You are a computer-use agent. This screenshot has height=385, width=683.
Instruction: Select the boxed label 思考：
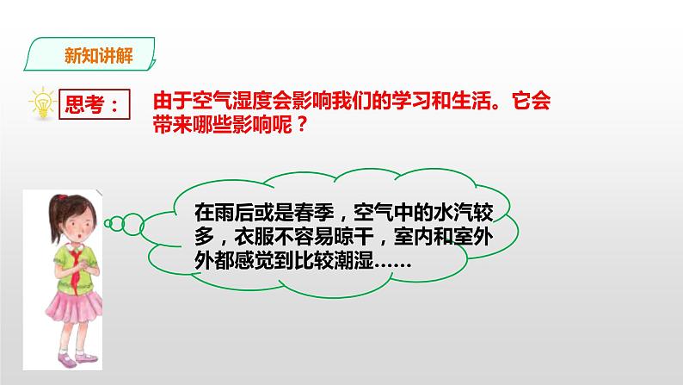[92, 105]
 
